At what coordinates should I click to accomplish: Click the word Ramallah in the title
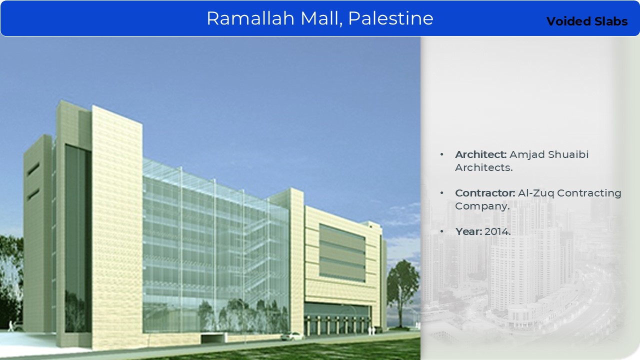pos(250,18)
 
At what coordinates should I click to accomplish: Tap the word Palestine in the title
pos(390,18)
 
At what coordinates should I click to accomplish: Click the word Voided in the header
pos(568,21)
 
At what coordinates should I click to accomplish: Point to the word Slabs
pos(611,21)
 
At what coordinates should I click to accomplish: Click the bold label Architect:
pos(480,154)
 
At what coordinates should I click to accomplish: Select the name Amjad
pos(527,155)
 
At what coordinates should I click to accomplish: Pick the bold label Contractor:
pos(485,193)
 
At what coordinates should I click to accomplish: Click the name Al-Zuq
pos(536,193)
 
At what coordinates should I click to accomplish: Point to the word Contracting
pos(589,193)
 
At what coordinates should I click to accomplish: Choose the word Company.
pos(482,206)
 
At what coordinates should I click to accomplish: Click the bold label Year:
pos(468,231)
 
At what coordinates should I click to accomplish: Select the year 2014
pos(497,231)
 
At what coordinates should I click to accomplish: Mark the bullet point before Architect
pos(442,154)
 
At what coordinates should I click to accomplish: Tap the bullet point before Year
pos(442,231)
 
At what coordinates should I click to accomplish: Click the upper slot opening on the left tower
pos(33,169)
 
